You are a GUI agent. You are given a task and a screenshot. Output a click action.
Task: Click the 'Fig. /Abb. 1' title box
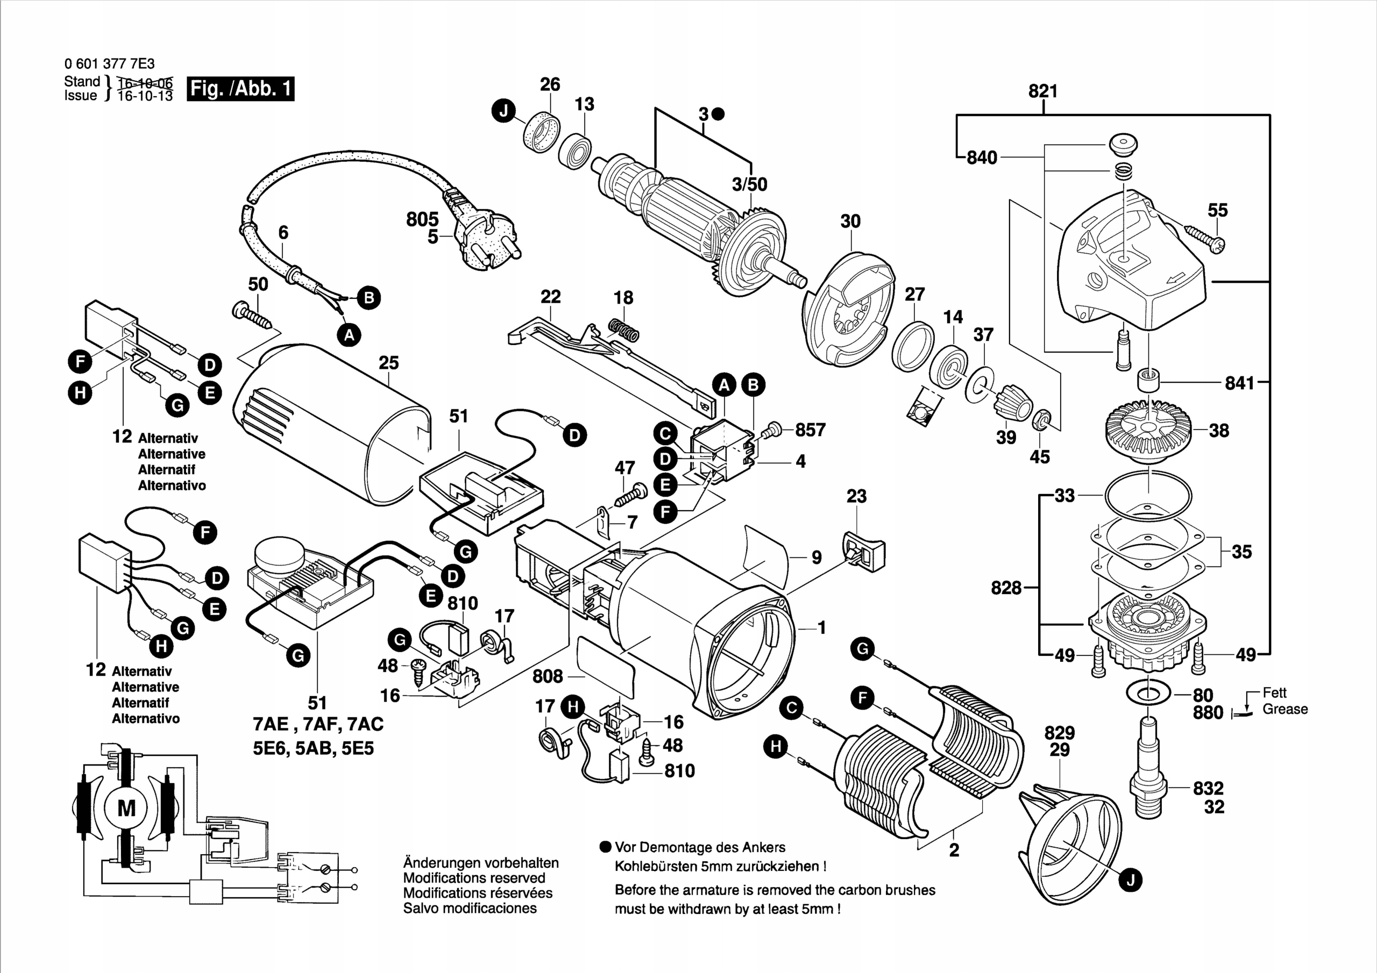pos(240,89)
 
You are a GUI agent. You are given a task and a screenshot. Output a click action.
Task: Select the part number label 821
pos(1043,91)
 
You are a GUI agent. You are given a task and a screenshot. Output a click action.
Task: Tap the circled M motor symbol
pos(126,809)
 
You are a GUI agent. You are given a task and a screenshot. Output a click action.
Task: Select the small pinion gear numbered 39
pos(1012,402)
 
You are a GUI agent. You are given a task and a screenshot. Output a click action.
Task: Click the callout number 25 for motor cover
pos(389,363)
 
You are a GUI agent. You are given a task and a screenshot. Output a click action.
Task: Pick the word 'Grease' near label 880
pos(1284,709)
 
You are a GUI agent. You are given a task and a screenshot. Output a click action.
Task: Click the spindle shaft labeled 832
pos(1147,779)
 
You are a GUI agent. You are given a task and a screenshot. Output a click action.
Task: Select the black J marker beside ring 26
pos(504,111)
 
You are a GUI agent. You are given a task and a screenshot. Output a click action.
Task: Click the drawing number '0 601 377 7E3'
pos(109,64)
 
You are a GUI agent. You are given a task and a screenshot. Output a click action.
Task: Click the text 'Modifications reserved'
pos(474,878)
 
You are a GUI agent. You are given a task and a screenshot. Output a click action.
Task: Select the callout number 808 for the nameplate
pos(547,676)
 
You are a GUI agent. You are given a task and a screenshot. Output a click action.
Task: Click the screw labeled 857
pos(771,429)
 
